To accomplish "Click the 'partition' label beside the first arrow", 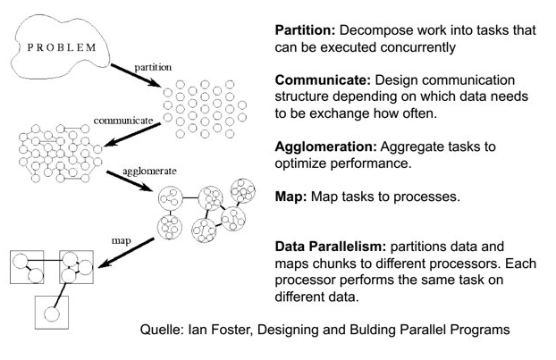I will (154, 67).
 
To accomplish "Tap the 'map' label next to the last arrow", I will (122, 240).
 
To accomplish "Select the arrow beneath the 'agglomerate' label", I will (129, 183).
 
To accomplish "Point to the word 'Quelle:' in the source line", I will (164, 329).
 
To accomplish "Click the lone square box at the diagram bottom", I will (50, 312).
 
